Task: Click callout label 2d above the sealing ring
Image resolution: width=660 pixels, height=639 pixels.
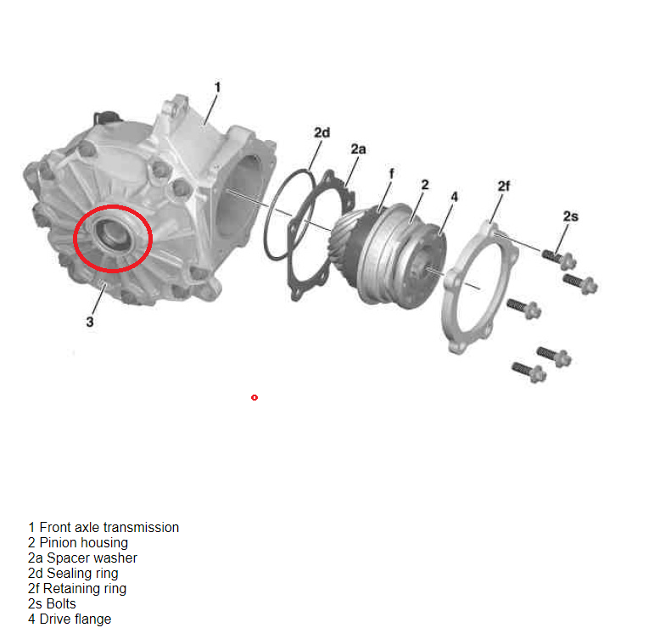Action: pyautogui.click(x=322, y=132)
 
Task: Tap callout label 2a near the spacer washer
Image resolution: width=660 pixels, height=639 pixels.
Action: pyautogui.click(x=358, y=149)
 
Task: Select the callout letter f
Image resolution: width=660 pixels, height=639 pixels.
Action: pyautogui.click(x=392, y=173)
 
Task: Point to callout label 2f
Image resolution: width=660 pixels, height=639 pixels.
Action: pyautogui.click(x=503, y=186)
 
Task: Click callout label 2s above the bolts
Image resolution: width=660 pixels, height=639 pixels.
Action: pyautogui.click(x=571, y=216)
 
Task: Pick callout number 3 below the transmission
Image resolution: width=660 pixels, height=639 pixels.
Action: pyautogui.click(x=90, y=322)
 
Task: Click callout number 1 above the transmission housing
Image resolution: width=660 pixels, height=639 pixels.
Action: pyautogui.click(x=217, y=87)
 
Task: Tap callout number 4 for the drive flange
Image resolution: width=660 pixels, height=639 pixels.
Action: pyautogui.click(x=454, y=197)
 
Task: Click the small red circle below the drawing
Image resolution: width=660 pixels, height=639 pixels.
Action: pyautogui.click(x=254, y=397)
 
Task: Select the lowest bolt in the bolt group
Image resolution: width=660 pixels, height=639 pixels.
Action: pyautogui.click(x=529, y=372)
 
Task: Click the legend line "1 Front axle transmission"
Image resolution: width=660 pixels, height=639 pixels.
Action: pyautogui.click(x=103, y=528)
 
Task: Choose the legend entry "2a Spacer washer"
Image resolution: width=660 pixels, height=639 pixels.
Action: pyautogui.click(x=82, y=558)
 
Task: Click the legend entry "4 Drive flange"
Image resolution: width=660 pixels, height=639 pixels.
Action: pyautogui.click(x=70, y=619)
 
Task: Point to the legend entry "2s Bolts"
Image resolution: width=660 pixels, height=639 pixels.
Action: pyautogui.click(x=53, y=604)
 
